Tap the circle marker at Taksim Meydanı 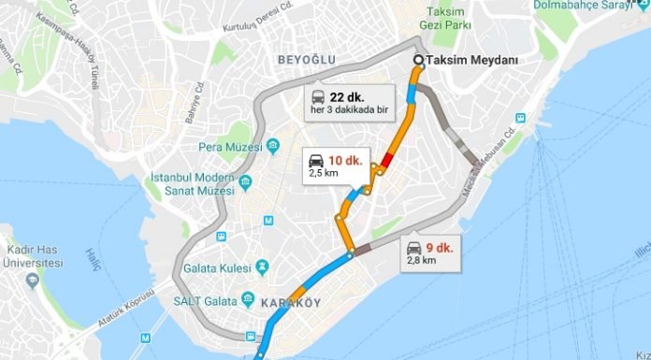coord(418,61)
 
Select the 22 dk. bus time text coord(347,96)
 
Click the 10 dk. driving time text coord(347,160)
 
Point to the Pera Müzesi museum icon coord(273,147)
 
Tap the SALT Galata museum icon coord(248,299)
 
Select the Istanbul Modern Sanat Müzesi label coord(197,183)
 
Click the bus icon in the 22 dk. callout coord(318,96)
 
